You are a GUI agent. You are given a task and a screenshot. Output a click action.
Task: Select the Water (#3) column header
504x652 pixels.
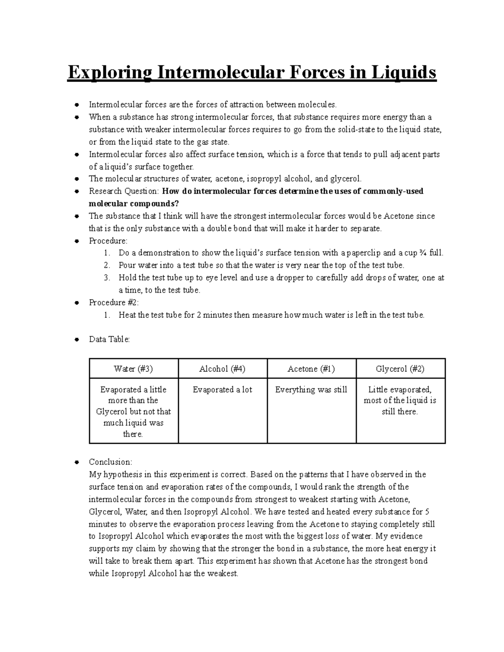tap(134, 369)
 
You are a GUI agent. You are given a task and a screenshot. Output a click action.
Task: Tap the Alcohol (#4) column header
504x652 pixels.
tap(222, 369)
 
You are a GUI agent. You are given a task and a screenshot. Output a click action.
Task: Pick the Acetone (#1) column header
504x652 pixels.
tap(311, 369)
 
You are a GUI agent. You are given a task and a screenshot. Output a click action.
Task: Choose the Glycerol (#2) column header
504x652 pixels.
tap(400, 369)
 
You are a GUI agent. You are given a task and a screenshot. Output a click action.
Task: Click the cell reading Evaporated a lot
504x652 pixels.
tap(222, 390)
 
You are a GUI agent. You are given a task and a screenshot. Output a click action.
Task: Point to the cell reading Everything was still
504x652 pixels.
tap(311, 390)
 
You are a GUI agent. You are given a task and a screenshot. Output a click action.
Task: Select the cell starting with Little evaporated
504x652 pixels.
tap(400, 401)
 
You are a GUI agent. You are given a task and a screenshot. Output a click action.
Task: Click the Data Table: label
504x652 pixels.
tap(109, 339)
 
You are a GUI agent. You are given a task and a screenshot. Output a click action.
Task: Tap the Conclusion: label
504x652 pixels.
tap(110, 462)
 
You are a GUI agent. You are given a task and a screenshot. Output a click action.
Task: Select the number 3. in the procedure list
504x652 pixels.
tap(107, 278)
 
